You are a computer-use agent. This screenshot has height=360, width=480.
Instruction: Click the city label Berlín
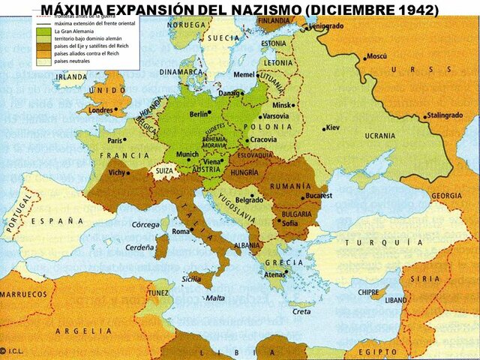point(199,115)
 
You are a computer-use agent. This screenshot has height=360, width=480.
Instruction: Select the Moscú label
point(376,57)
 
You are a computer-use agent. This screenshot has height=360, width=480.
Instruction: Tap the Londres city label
point(100,110)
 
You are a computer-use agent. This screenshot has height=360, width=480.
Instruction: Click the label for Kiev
point(333,128)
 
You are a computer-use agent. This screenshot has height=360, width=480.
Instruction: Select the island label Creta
point(301,311)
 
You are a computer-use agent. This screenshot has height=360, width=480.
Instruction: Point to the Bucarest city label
point(318,196)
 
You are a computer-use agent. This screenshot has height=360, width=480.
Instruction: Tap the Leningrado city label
point(328,25)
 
